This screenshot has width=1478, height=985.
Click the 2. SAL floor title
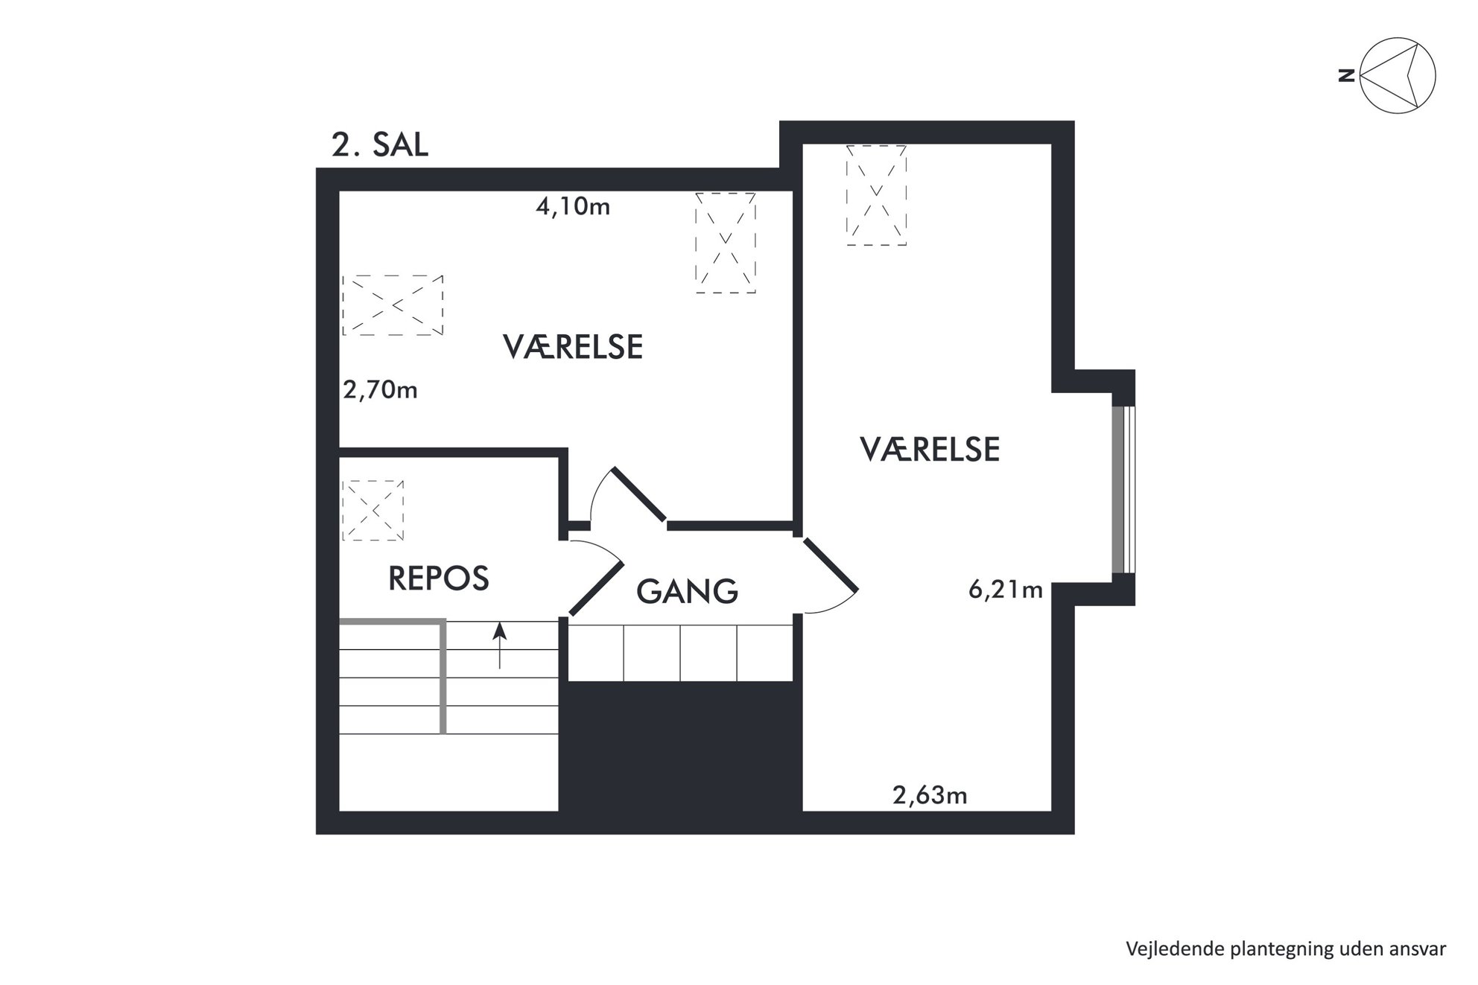click(x=380, y=144)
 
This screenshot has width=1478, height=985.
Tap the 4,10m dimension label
click(x=573, y=206)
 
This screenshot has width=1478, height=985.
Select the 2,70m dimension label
click(x=380, y=390)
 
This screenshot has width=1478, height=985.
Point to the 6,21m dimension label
click(x=1005, y=590)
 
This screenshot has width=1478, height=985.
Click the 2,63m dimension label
click(x=930, y=796)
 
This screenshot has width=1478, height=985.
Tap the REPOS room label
click(x=439, y=578)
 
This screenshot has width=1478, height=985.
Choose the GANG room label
click(x=687, y=591)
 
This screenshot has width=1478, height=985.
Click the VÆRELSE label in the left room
click(x=573, y=347)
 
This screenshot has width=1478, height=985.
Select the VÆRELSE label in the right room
click(x=930, y=450)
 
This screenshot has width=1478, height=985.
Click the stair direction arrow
click(x=500, y=645)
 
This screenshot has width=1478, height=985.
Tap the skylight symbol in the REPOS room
click(x=372, y=511)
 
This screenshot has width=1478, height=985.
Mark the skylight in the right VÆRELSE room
click(x=876, y=195)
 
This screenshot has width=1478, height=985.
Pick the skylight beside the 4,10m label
click(x=726, y=243)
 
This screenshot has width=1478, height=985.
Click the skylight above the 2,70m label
click(x=393, y=305)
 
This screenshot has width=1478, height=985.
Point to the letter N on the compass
click(x=1346, y=75)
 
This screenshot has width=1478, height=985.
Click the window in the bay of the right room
click(x=1123, y=489)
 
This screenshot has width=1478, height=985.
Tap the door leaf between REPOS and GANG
click(x=596, y=588)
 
